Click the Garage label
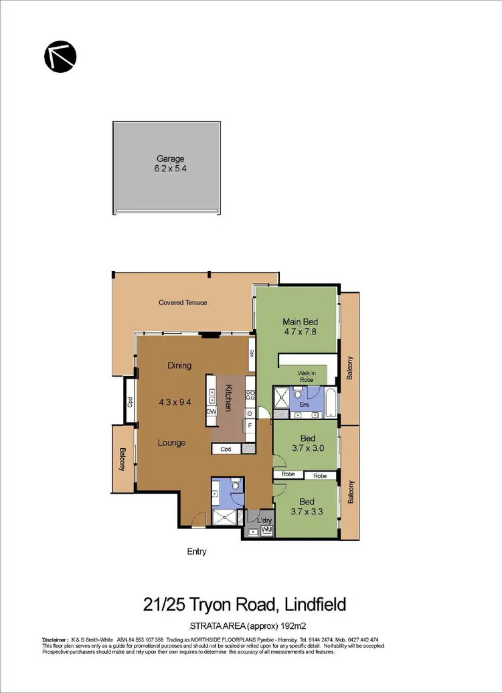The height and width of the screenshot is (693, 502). coord(171,159)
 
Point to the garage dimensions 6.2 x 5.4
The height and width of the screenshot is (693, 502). coord(171,169)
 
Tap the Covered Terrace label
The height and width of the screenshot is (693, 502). coord(183,302)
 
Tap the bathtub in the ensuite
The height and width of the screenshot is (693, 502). coord(330,399)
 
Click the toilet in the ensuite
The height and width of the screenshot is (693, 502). coord(299,395)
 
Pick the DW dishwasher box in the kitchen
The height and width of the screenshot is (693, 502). coord(212,411)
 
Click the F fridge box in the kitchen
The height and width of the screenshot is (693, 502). coord(250,425)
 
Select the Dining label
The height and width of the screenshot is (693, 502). coord(179,365)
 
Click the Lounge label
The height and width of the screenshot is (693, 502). coord(171,443)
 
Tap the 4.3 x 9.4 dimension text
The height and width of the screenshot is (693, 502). coord(175,403)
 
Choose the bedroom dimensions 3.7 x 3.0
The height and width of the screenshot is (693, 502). coord(308,448)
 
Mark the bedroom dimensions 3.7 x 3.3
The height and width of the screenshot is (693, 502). coord(308,512)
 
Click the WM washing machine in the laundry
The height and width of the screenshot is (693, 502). coord(266,531)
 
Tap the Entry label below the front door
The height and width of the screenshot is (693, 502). coord(196,552)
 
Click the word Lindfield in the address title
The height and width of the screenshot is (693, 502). coord(315,605)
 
